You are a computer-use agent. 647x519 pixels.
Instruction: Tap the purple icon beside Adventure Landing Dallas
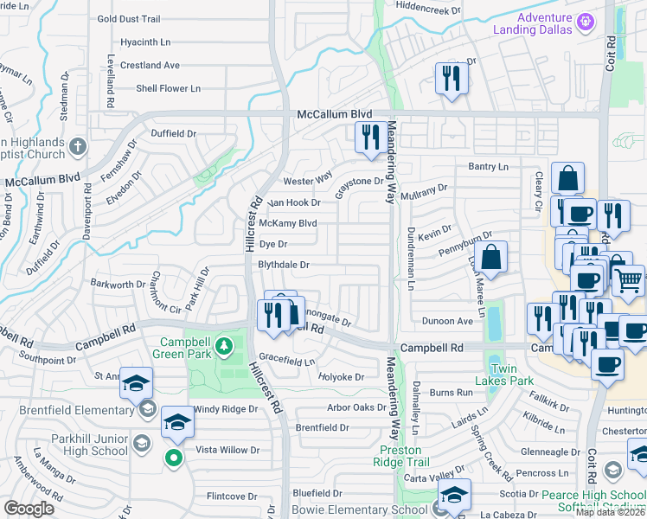[586, 20]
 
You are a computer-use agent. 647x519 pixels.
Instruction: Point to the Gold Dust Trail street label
[129, 18]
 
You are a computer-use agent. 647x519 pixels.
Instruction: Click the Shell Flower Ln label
[168, 88]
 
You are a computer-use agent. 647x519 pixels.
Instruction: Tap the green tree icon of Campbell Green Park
[224, 347]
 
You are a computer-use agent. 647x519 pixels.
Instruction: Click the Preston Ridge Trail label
[400, 456]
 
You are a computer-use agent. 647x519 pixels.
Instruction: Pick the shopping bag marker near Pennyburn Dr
[490, 258]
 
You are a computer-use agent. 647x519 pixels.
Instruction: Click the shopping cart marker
[629, 279]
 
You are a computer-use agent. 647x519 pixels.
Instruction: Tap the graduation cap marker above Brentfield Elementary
[136, 383]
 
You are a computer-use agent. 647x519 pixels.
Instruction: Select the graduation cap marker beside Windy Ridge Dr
[177, 423]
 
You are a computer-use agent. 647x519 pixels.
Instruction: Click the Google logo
[29, 508]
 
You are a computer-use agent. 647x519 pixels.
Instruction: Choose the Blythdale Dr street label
[284, 266]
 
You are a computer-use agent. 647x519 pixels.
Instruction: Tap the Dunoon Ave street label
[447, 321]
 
